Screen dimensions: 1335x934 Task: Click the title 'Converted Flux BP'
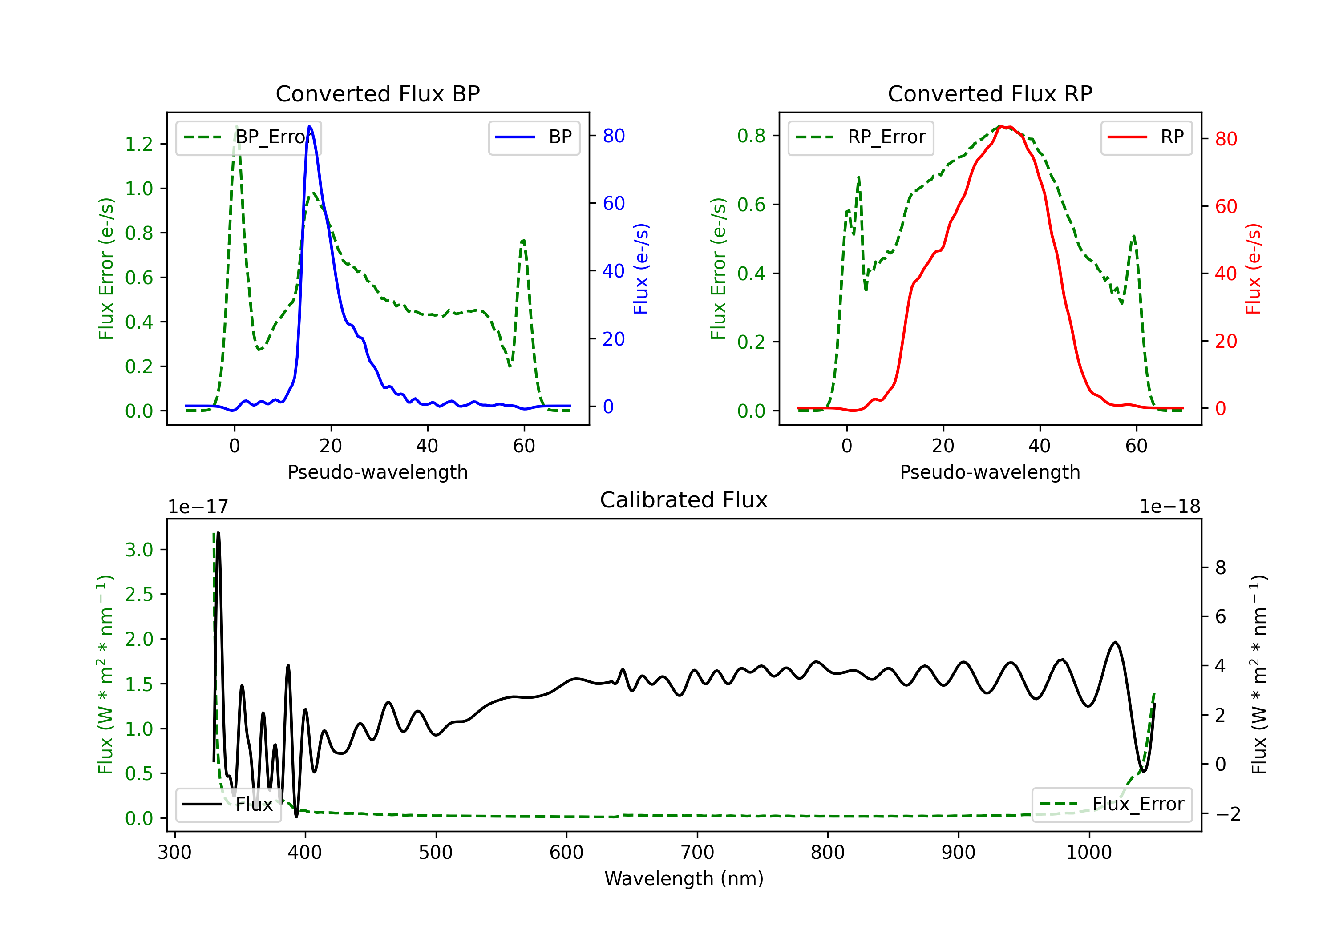pyautogui.click(x=377, y=93)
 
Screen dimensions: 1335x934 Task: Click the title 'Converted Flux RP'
pyautogui.click(x=990, y=93)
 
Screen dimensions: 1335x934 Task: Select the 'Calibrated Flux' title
pyautogui.click(x=684, y=500)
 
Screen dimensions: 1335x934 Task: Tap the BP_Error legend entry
pyautogui.click(x=248, y=137)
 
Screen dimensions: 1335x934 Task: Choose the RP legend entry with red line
pyautogui.click(x=1146, y=137)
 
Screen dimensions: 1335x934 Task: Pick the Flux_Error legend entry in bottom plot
pyautogui.click(x=1112, y=805)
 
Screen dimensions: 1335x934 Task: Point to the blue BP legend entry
pyautogui.click(x=534, y=137)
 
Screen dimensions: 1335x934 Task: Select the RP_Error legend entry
pyautogui.click(x=861, y=137)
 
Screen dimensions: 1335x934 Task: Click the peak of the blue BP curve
pyautogui.click(x=309, y=126)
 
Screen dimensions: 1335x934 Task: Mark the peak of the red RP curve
pyautogui.click(x=1001, y=126)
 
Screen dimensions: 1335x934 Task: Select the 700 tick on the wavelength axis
pyautogui.click(x=697, y=852)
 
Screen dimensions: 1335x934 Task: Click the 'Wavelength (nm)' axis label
pyautogui.click(x=684, y=878)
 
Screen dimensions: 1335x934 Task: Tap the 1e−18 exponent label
pyautogui.click(x=1170, y=507)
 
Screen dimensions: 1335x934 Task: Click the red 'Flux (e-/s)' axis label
pyautogui.click(x=1254, y=269)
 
